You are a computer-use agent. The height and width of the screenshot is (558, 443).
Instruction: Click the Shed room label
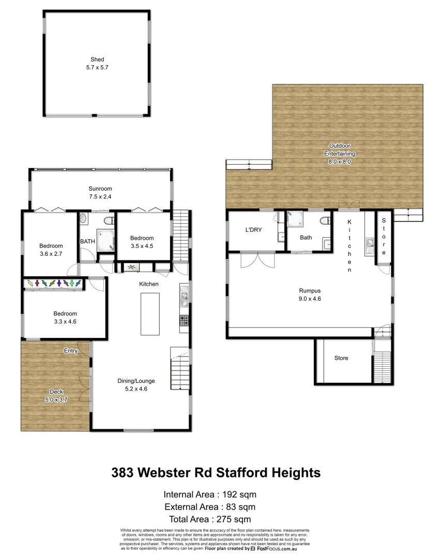click(97, 64)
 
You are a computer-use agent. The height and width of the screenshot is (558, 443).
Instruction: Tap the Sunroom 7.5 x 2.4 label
click(100, 192)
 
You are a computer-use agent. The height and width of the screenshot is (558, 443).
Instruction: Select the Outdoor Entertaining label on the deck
click(339, 153)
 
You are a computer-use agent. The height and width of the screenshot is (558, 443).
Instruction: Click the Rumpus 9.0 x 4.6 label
click(310, 294)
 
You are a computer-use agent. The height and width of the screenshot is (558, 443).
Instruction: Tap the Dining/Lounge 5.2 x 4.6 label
click(136, 385)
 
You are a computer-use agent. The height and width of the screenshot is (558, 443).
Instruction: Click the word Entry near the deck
click(71, 351)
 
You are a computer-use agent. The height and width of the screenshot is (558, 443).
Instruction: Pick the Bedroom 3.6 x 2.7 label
click(51, 250)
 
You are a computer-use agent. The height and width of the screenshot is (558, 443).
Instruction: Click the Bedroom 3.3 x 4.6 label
click(65, 317)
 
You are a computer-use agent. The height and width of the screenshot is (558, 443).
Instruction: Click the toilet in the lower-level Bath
click(325, 221)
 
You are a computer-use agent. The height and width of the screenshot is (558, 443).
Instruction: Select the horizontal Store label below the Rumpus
click(341, 358)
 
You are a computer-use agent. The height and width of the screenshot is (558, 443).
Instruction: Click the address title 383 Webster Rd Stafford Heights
click(216, 472)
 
